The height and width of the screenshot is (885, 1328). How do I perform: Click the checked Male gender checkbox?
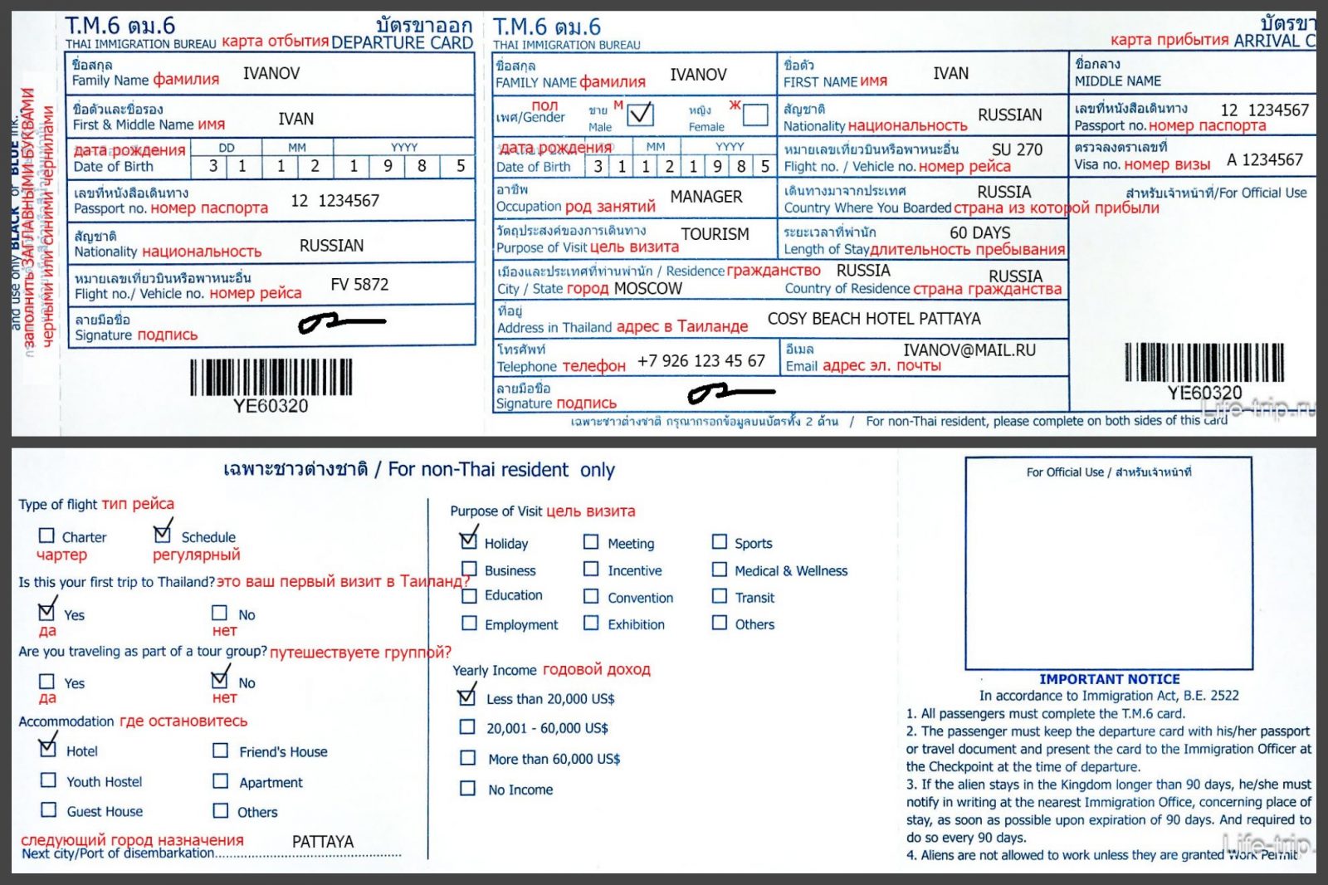(640, 114)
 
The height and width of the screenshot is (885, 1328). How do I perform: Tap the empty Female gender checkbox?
(754, 114)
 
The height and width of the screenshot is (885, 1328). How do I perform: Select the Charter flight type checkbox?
(47, 536)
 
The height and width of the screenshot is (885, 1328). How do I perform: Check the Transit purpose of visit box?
(720, 596)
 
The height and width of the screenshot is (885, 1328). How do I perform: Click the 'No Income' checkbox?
(468, 789)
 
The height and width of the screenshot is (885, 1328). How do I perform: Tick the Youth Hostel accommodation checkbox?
(49, 780)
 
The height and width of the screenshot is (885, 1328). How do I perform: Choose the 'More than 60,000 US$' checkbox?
(468, 758)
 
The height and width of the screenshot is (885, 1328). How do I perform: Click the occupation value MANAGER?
(705, 197)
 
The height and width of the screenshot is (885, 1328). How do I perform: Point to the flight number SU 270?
(1017, 149)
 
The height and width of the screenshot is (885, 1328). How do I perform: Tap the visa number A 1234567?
(1264, 159)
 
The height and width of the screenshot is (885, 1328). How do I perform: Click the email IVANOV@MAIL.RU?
(969, 350)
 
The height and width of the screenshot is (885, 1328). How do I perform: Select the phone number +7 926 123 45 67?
(701, 361)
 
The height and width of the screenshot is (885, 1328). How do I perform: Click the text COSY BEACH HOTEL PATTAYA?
(873, 319)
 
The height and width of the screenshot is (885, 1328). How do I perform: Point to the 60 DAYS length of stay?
(979, 232)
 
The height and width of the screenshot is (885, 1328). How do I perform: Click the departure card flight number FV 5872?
(359, 285)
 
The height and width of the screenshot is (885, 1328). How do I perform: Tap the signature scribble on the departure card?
(341, 322)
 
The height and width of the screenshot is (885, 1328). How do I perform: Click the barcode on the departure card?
(271, 378)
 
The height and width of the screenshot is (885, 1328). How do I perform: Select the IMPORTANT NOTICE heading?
(1109, 679)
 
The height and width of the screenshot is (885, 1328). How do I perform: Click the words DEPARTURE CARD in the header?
(402, 43)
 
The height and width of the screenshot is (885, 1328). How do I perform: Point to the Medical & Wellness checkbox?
(720, 570)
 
